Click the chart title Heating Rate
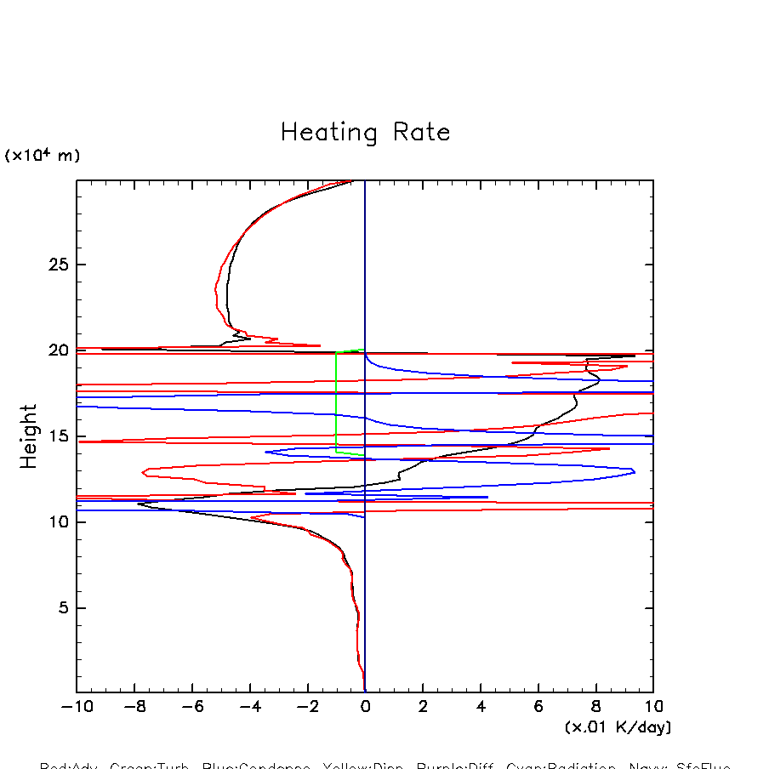pos(365,133)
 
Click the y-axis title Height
pos(30,436)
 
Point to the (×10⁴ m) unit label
pos(43,156)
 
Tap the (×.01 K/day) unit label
pos(618,727)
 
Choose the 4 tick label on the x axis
pos(481,707)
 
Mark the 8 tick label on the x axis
pos(595,707)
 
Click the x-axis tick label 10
pos(653,707)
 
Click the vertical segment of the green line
pos(336,400)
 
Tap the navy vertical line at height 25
pos(365,265)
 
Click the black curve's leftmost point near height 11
pos(139,504)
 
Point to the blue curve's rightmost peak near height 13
pos(635,471)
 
